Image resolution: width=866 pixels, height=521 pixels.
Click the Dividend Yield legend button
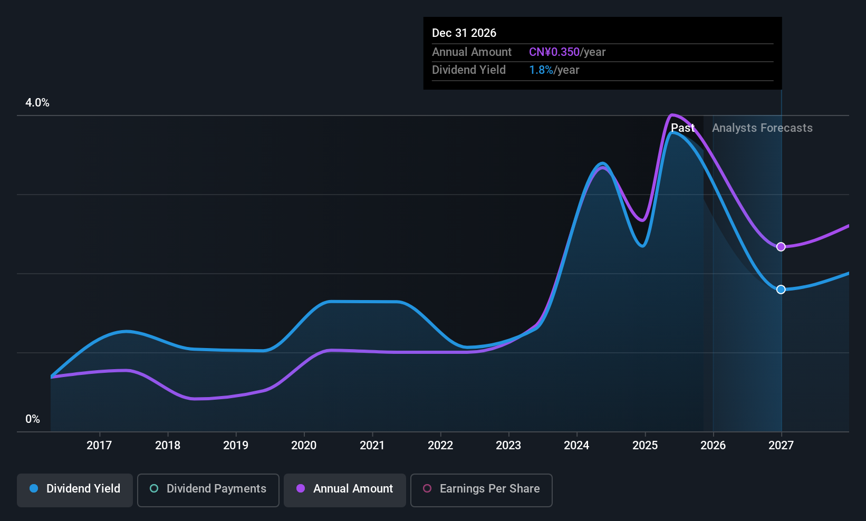pos(75,489)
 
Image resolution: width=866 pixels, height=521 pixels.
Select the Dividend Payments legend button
pos(208,489)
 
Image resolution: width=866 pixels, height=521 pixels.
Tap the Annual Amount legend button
pos(345,489)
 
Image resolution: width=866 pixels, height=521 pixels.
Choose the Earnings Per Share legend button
pos(481,489)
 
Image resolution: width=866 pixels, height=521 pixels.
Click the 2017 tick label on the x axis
pos(99,446)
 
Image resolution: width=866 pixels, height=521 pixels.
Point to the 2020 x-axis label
pos(304,446)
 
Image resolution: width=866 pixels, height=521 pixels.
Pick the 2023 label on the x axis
pos(508,446)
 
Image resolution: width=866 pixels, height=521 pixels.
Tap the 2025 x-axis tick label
pos(645,446)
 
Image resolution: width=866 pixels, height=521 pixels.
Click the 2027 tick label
pos(781,446)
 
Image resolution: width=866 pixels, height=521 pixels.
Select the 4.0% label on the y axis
pos(37,103)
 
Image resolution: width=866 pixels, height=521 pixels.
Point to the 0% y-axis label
pos(33,419)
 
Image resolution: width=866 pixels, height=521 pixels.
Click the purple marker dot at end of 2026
pos(781,247)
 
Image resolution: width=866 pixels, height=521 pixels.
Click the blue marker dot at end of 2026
pos(781,290)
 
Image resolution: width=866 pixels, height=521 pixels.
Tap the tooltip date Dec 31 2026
pos(464,33)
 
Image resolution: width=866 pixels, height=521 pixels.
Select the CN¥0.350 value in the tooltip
pos(554,52)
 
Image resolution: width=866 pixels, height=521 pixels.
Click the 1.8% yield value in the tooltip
pos(541,70)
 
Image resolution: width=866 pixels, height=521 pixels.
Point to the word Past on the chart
pos(682,128)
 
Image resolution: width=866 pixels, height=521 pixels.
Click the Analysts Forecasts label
pos(762,128)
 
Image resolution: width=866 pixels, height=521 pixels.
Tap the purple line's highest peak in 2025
pos(672,114)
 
